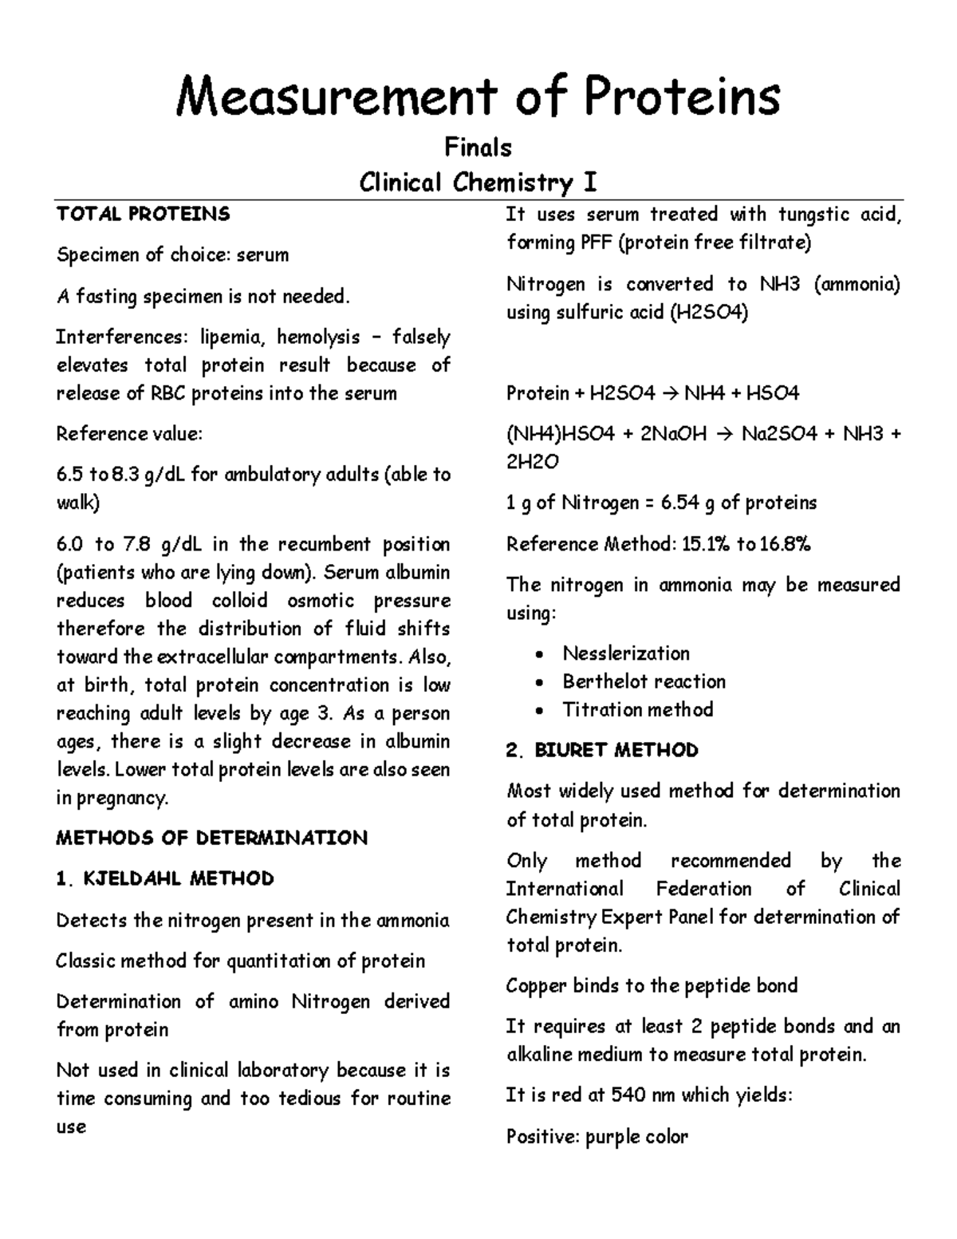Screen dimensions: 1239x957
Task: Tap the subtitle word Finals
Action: pos(478,148)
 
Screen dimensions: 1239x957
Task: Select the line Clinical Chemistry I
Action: pos(478,183)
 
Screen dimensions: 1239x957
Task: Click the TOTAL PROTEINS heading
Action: pos(143,214)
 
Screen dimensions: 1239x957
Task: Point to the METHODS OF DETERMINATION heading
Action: pos(211,838)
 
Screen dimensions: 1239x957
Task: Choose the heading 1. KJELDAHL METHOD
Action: pos(165,878)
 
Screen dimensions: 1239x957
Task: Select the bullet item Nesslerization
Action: pos(626,653)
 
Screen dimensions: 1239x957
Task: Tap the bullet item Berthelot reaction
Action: pos(644,681)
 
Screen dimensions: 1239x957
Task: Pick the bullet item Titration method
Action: pos(637,709)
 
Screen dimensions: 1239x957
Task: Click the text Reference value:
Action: pos(129,434)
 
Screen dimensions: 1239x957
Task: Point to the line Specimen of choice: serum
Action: pos(172,255)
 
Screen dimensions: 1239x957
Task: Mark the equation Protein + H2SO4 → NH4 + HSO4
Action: pos(652,393)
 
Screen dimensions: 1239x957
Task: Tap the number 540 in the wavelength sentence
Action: pos(628,1095)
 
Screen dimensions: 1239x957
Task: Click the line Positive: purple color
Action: pos(597,1136)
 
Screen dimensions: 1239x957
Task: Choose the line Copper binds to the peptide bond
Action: pos(652,985)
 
